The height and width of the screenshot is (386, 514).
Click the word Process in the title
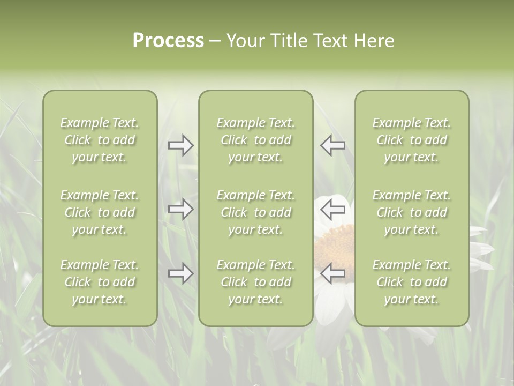pos(168,41)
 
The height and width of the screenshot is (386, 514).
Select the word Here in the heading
pos(374,41)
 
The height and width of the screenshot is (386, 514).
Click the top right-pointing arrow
pos(180,145)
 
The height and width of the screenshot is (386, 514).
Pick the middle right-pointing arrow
pos(180,209)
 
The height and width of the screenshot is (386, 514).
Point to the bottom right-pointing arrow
pos(180,273)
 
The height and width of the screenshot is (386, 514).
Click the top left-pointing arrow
pos(332,145)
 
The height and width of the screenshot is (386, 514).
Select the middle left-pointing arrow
pos(332,209)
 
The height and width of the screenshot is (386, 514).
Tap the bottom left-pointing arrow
pos(332,273)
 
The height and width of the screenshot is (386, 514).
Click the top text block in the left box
pos(100,140)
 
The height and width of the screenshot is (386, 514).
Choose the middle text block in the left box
pos(100,212)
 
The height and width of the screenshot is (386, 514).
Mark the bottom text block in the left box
pos(100,282)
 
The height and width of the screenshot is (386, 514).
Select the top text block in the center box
pos(255,140)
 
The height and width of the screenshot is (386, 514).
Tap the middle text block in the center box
pos(255,212)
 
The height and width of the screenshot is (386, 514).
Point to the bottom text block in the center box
pos(255,282)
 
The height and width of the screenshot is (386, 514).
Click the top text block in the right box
pos(411,140)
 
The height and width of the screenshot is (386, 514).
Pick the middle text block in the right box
pos(411,212)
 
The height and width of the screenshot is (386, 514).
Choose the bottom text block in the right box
pos(411,282)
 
